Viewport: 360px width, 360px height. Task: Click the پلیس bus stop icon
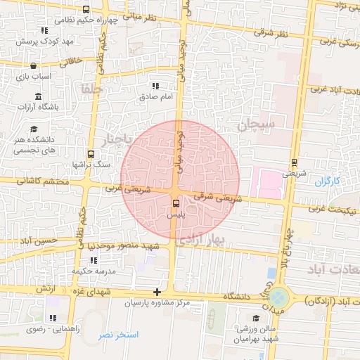(x=175, y=205)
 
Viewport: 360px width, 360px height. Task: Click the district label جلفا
(x=92, y=89)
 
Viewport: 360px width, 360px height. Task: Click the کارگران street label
(x=327, y=181)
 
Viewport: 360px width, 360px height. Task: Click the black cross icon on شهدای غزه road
(x=157, y=292)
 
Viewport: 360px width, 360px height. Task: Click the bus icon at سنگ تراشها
(x=91, y=154)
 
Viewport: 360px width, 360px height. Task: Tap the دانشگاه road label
(x=238, y=297)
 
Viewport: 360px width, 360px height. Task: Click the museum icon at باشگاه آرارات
(x=37, y=96)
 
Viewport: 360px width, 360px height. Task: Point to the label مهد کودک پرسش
(x=49, y=41)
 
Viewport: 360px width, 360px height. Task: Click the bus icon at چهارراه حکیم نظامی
(x=86, y=10)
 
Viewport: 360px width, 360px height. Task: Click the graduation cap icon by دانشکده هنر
(x=34, y=129)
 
